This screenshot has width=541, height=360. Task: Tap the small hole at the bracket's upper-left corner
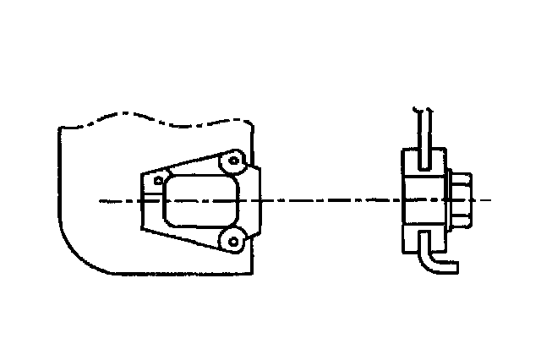pyautogui.click(x=158, y=179)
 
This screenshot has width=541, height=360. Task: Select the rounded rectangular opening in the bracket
pyautogui.click(x=199, y=200)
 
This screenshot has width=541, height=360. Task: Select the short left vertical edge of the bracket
pyautogui.click(x=141, y=201)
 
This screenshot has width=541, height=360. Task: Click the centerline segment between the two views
pyautogui.click(x=330, y=200)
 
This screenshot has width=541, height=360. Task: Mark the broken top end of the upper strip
pyautogui.click(x=422, y=110)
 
